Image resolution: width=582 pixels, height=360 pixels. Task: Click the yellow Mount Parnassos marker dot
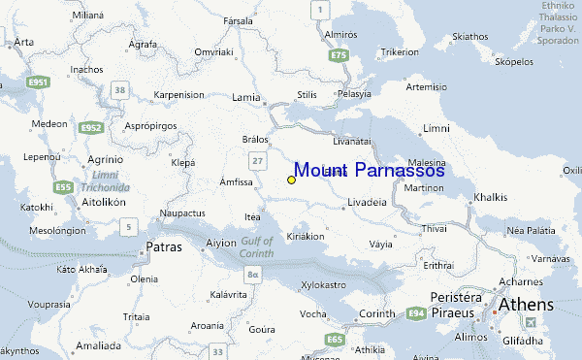[x=291, y=180]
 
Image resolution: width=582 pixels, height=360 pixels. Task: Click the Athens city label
[x=526, y=305]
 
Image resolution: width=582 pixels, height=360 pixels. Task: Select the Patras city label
[x=163, y=247]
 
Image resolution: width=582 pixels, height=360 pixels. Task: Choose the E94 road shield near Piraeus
[x=416, y=313]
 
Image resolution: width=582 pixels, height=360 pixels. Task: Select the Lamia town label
[x=246, y=97]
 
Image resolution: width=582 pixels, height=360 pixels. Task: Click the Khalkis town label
[x=490, y=197]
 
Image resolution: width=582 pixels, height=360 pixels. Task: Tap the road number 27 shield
[x=257, y=159]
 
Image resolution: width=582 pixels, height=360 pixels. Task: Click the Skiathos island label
[x=469, y=36]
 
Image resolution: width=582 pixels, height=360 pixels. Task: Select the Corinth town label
[x=376, y=313]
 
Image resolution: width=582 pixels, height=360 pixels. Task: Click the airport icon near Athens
[x=530, y=322]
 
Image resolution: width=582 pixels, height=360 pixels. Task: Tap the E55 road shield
[x=64, y=186]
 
